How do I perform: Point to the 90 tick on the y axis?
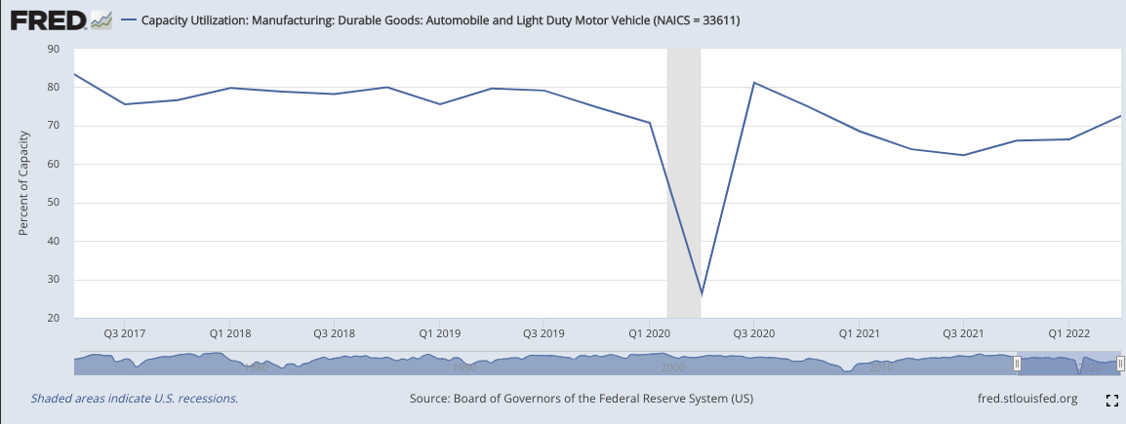53,49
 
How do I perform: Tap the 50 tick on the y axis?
53,203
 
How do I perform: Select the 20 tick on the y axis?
53,318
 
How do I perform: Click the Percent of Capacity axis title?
23,183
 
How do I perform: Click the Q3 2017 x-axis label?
124,333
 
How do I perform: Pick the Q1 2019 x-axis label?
439,333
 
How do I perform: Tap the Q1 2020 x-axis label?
649,333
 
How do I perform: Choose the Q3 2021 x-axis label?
963,333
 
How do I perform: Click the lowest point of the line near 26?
702,293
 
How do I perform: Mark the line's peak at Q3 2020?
754,83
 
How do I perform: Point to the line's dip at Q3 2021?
964,155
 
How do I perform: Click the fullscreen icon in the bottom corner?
1110,400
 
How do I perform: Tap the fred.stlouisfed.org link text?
1026,399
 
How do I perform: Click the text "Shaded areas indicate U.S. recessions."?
135,399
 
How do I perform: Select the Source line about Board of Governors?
582,399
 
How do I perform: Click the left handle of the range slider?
1017,364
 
